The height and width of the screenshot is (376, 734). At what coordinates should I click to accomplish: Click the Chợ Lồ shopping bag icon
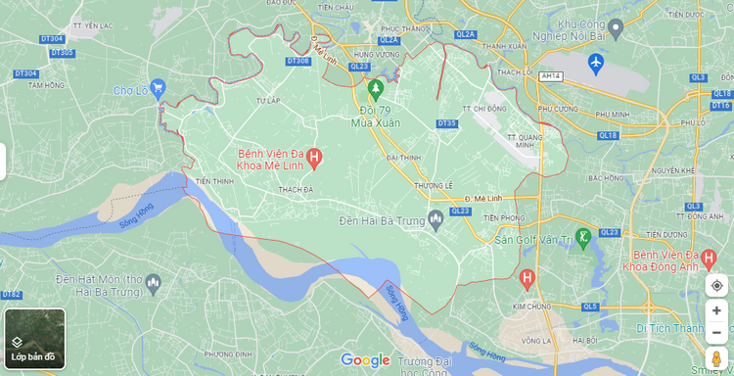160,91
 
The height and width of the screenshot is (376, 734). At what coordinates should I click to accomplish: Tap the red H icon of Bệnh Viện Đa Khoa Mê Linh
314,157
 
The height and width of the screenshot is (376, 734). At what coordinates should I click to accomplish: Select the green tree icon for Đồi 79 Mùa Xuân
374,89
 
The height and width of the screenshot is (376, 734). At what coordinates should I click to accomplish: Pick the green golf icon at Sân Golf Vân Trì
583,236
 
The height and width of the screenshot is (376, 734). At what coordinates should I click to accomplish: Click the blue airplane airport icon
595,64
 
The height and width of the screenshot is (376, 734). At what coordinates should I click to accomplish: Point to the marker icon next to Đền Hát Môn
153,285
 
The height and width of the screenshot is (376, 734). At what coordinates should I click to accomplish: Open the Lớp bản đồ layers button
34,339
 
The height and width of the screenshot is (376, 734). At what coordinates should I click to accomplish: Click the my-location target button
716,285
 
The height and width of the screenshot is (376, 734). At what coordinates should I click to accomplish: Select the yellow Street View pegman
716,357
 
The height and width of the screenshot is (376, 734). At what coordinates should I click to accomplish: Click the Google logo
365,360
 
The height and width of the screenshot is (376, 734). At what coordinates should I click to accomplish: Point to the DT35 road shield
446,123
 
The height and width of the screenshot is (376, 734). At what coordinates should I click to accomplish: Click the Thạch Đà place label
295,189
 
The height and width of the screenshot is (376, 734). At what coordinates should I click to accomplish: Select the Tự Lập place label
268,100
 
